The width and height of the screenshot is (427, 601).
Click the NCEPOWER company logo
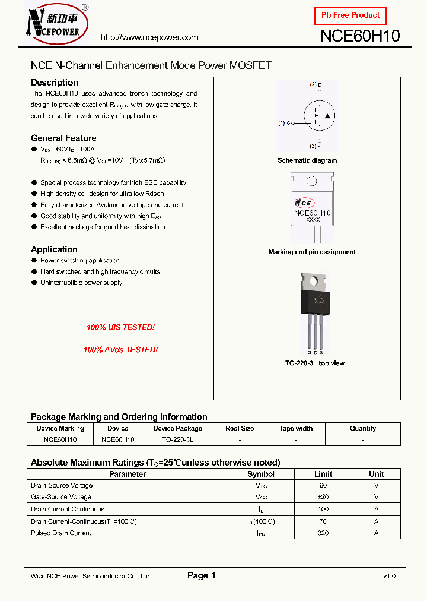click(56, 24)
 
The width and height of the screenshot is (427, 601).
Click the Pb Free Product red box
click(350, 15)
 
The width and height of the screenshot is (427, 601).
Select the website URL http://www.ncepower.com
click(149, 37)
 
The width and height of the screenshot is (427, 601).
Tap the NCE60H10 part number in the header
click(360, 36)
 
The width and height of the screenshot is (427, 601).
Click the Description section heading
click(54, 83)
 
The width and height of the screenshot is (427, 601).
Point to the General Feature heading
click(63, 138)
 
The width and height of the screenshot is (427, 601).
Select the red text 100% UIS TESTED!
click(120, 327)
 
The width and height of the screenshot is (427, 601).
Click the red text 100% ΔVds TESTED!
click(120, 350)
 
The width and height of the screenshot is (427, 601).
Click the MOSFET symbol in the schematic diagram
click(319, 116)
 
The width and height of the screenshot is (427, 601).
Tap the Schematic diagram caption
click(307, 160)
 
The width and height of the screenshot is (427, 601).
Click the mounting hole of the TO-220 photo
click(312, 280)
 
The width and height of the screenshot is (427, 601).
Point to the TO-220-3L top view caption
click(314, 363)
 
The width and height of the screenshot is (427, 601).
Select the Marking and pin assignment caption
click(312, 252)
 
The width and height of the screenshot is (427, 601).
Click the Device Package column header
click(177, 428)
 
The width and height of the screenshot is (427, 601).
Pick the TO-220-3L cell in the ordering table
click(177, 440)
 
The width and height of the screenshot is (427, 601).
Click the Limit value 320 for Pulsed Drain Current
click(323, 533)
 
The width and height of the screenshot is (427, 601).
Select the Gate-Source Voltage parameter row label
click(60, 497)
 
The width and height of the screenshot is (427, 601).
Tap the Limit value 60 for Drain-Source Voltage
click(323, 485)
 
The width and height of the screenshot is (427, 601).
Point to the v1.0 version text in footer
click(389, 576)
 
